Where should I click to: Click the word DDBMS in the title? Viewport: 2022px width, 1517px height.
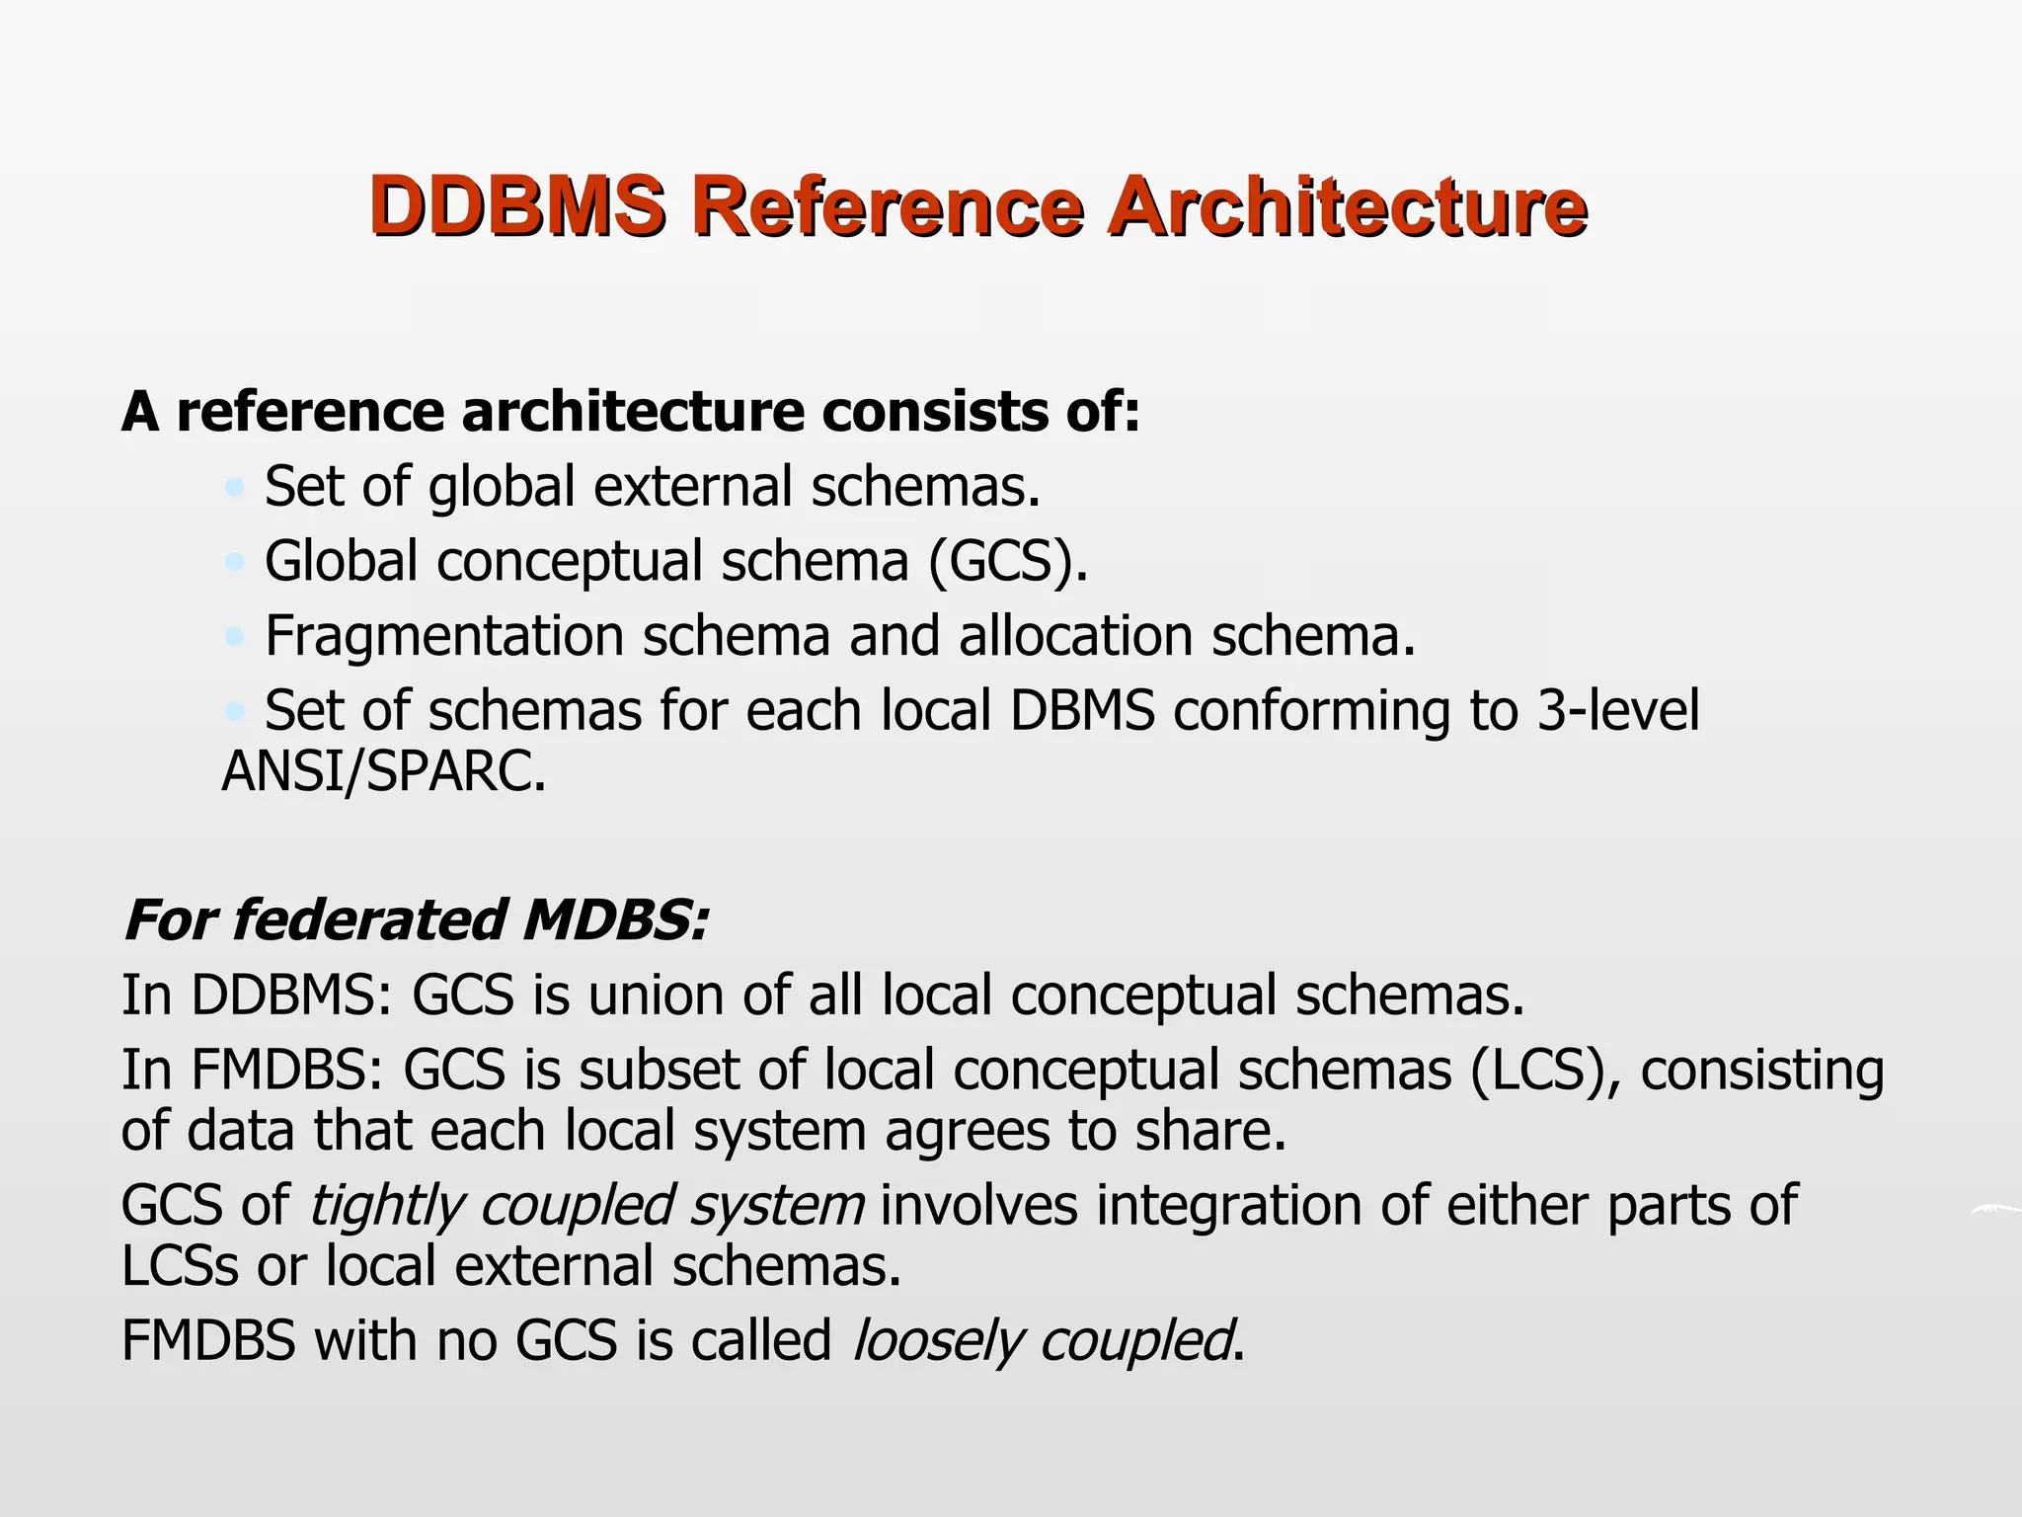pyautogui.click(x=517, y=205)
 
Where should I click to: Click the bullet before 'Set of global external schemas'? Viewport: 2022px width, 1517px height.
pyautogui.click(x=234, y=487)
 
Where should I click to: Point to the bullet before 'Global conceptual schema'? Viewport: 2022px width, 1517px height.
pyautogui.click(x=234, y=562)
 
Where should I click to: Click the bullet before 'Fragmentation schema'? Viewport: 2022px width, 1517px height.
pyautogui.click(x=234, y=637)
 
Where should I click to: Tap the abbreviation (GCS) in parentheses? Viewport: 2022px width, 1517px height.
pyautogui.click(x=1007, y=562)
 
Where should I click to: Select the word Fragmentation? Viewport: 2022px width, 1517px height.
pyautogui.click(x=444, y=636)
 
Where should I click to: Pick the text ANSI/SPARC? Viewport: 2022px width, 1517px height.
pyautogui.click(x=384, y=771)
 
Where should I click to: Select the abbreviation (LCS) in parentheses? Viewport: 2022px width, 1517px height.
pyautogui.click(x=1546, y=1070)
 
